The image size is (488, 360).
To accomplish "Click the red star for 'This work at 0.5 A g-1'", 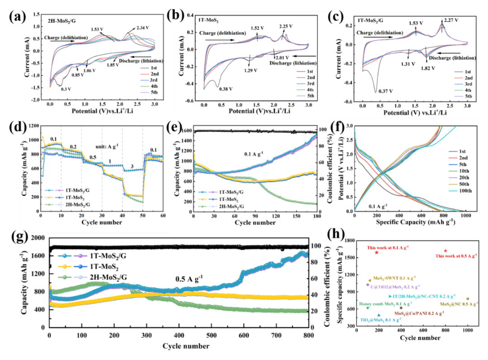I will tap(446, 251).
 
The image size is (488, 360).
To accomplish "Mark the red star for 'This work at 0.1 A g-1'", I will tap(376, 252).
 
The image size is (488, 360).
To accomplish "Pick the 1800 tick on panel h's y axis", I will tap(348, 241).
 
